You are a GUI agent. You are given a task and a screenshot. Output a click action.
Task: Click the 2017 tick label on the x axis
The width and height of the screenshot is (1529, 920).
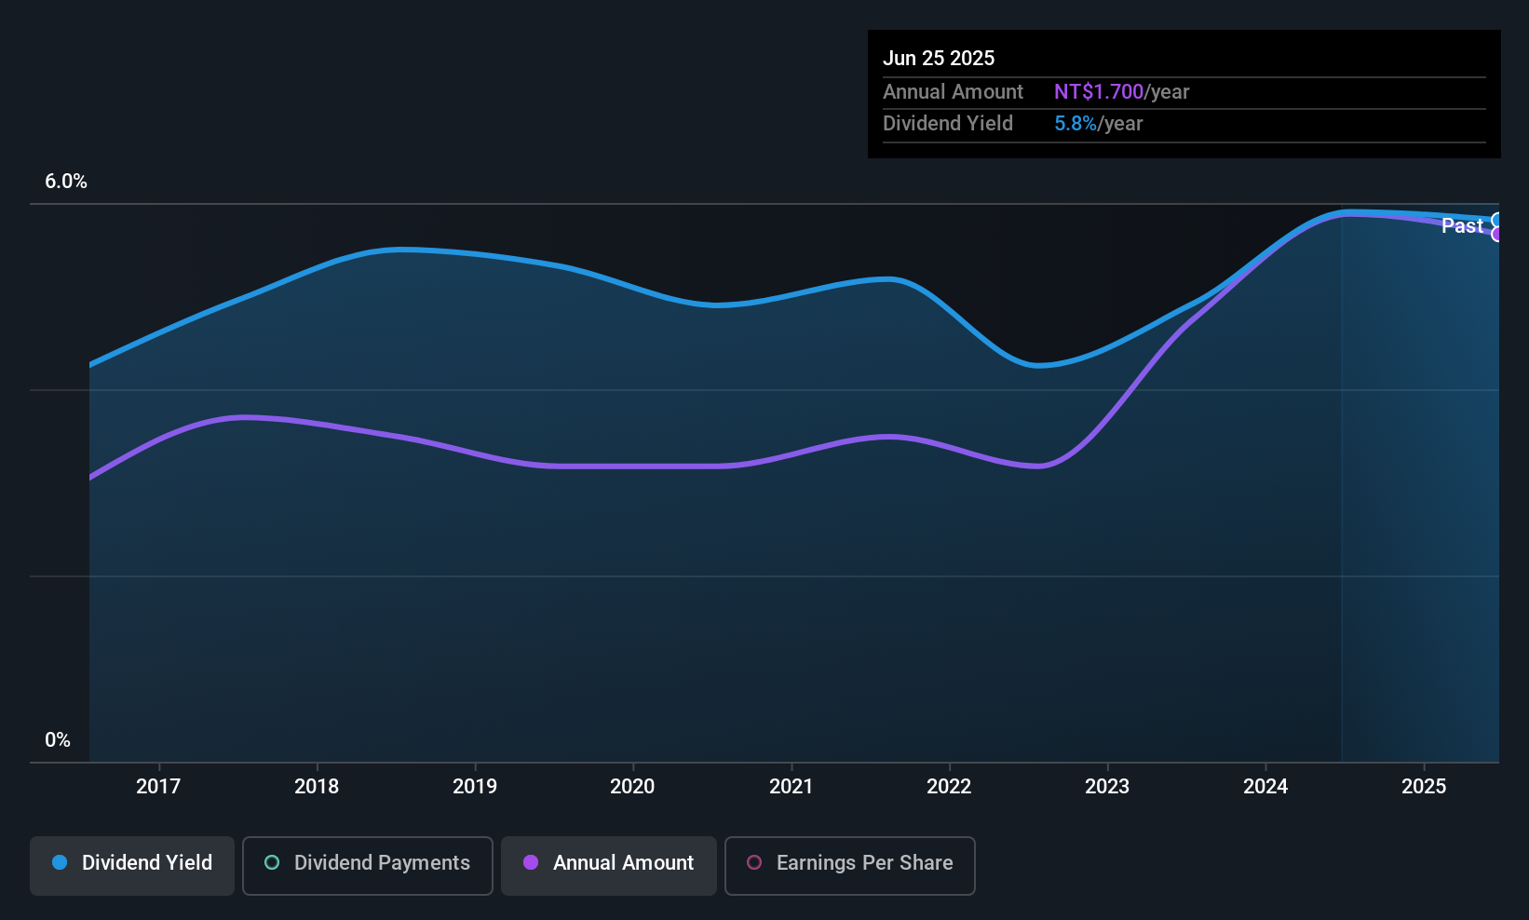(x=158, y=786)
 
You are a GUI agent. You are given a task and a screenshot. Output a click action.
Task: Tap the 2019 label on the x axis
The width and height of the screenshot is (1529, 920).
(x=475, y=786)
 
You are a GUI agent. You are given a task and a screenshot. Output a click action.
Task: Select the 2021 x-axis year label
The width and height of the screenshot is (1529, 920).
(x=791, y=786)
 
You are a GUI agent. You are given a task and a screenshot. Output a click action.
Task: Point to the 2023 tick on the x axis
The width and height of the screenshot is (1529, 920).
(x=1107, y=786)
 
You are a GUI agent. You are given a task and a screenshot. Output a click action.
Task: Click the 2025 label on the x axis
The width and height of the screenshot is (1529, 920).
(x=1424, y=786)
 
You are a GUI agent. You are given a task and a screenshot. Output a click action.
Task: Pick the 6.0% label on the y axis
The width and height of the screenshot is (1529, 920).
(x=66, y=182)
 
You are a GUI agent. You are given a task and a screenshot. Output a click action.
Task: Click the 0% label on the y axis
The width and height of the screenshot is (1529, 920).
(x=58, y=740)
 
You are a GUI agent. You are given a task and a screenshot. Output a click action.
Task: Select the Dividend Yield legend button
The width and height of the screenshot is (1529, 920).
(x=132, y=863)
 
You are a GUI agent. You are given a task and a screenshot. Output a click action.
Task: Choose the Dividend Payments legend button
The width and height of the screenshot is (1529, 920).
(x=368, y=863)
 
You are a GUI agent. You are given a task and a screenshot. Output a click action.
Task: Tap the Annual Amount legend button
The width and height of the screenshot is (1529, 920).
(x=609, y=863)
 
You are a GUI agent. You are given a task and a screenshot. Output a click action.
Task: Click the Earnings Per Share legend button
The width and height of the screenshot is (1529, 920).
(x=849, y=863)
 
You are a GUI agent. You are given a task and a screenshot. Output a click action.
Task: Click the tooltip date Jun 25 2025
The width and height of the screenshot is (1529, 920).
(x=939, y=58)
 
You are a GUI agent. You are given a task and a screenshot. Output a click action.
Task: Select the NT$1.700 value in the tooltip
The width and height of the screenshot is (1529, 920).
(x=1099, y=92)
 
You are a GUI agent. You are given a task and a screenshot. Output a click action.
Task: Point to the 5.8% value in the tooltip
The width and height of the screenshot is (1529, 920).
(x=1076, y=124)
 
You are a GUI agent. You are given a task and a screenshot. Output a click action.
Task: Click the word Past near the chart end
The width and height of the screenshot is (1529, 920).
(x=1462, y=225)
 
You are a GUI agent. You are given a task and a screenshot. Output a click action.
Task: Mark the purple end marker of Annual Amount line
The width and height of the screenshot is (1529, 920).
(x=1497, y=234)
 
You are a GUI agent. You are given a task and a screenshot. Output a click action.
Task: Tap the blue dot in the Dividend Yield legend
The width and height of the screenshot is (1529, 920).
(x=60, y=863)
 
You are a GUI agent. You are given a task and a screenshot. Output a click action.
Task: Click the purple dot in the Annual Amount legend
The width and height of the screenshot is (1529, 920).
(x=531, y=863)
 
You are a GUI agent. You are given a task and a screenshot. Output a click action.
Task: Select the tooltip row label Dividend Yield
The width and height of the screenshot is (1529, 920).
(x=948, y=124)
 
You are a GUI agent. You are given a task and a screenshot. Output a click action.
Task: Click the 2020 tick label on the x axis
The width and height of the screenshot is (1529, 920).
(x=632, y=786)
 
